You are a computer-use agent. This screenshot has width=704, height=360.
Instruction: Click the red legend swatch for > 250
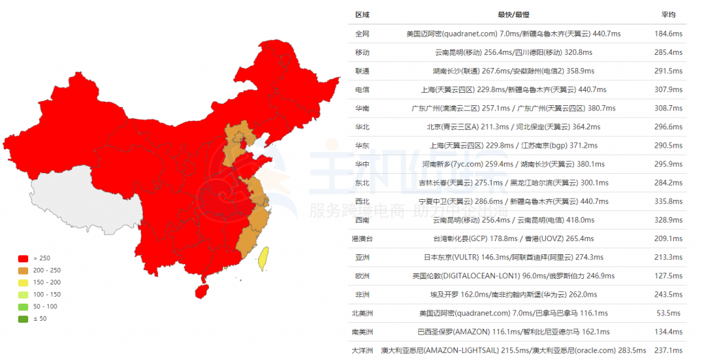23,258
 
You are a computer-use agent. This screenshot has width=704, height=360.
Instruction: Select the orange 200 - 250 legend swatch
23,271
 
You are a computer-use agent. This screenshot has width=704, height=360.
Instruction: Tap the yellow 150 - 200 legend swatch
23,282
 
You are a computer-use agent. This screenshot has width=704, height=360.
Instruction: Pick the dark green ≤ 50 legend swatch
23,319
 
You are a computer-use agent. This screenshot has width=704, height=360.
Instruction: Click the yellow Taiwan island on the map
263,258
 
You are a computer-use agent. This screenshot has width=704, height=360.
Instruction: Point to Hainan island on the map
201,291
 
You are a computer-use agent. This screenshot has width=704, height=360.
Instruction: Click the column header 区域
362,14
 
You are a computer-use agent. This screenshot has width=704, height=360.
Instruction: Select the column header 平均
668,14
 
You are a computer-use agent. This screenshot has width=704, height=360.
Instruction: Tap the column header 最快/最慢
514,14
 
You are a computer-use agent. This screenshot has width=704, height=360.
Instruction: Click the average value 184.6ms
668,33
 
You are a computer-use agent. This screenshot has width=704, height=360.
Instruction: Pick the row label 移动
362,52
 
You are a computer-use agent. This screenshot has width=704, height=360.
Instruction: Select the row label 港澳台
362,238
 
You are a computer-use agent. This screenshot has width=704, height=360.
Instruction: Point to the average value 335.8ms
668,201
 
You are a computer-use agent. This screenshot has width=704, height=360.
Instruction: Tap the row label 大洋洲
362,350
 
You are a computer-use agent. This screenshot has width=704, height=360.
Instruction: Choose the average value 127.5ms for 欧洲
668,276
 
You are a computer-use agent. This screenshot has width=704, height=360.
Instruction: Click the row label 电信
362,89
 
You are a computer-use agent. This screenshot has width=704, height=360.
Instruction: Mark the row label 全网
362,33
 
